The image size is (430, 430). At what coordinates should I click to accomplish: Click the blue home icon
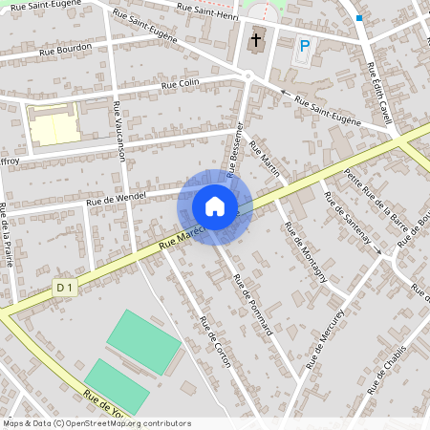point(215,205)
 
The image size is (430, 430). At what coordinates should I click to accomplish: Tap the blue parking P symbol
point(305,45)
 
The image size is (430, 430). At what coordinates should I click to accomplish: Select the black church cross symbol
point(256,42)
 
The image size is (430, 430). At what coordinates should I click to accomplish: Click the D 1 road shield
point(64,287)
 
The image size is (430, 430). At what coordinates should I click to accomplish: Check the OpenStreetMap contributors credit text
point(97,422)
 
